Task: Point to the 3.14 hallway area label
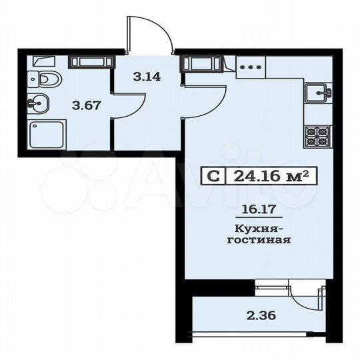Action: click(x=146, y=77)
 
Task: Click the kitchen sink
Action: click(x=317, y=91)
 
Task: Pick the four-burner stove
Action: click(x=317, y=137)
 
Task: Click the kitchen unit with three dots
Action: click(x=250, y=66)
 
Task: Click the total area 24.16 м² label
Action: click(x=271, y=177)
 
